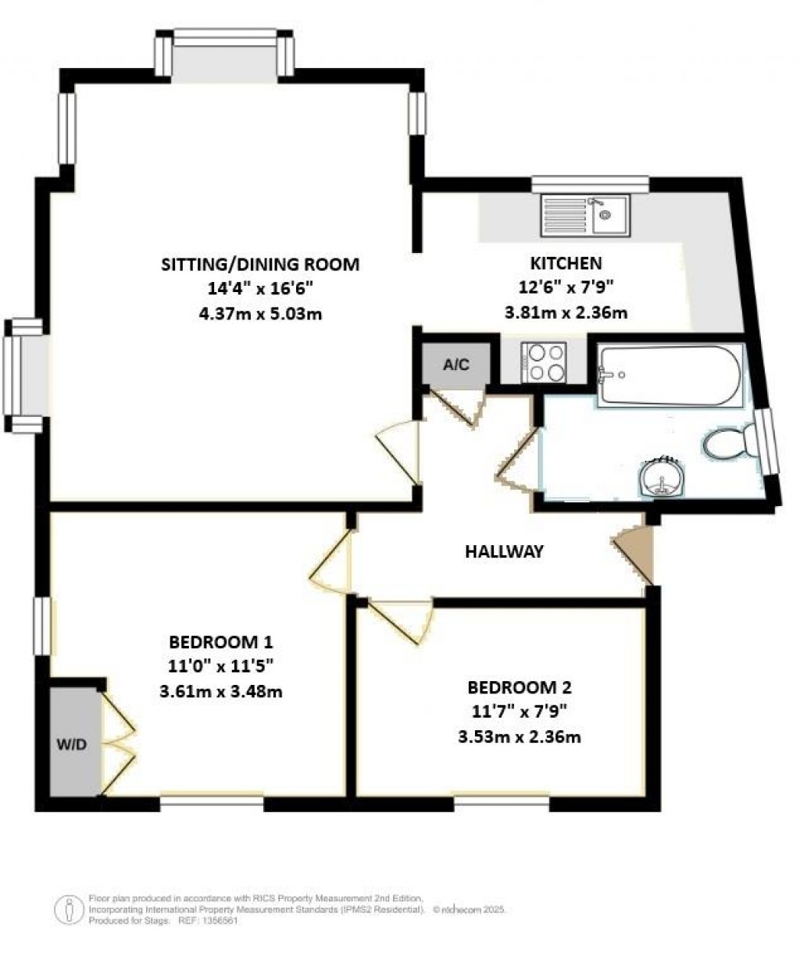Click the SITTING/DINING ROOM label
point(260,264)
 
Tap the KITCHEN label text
point(566,263)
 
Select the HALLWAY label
point(504,551)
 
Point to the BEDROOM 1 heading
point(221,642)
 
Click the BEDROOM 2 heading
point(520,687)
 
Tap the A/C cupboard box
point(456,364)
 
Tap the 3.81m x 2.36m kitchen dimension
point(566,313)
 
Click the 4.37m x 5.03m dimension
point(260,314)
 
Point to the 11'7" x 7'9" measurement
point(520,711)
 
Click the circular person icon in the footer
point(70,909)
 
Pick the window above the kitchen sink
point(591,184)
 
